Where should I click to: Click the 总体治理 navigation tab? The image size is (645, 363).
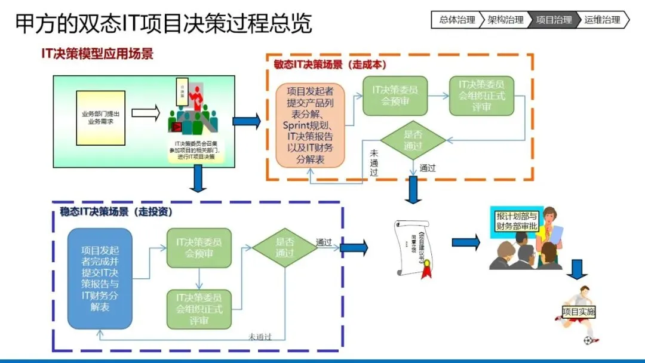tap(457, 20)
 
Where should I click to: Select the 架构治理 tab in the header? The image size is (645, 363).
tap(505, 20)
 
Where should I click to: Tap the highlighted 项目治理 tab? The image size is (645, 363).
tap(554, 20)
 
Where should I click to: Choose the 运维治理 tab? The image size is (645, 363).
tap(602, 20)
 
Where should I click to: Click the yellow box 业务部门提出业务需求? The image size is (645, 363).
tap(100, 118)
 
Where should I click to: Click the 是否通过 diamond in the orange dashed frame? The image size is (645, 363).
tap(413, 140)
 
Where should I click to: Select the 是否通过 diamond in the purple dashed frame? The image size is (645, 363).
tap(285, 248)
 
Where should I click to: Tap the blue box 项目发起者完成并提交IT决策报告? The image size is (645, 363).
tap(100, 278)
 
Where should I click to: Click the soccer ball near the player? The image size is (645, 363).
tap(589, 341)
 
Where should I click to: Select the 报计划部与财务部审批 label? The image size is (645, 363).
tap(517, 221)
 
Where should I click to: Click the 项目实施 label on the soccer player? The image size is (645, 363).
tap(579, 312)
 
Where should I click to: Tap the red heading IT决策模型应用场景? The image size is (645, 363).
tap(97, 54)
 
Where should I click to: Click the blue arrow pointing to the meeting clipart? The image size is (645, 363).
tap(466, 242)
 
